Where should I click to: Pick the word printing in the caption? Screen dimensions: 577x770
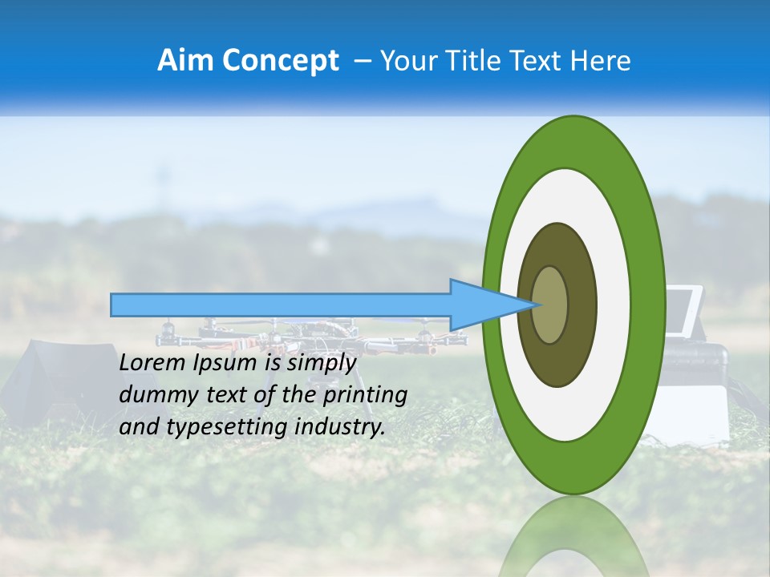[367, 395]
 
